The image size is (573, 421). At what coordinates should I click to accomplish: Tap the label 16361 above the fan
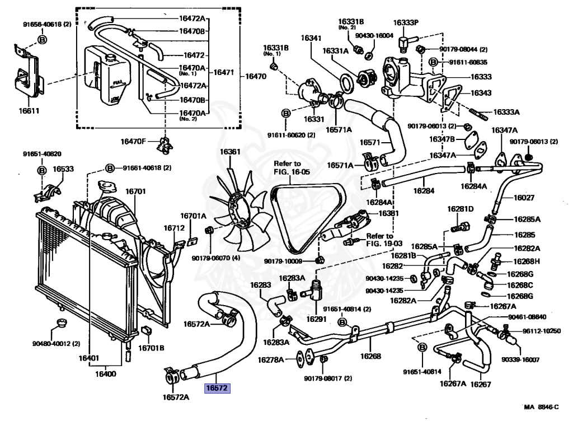[x=229, y=152]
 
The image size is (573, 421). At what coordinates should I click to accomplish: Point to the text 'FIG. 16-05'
[x=291, y=172]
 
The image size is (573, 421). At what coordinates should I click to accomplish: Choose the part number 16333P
[x=406, y=22]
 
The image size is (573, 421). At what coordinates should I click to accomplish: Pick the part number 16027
[x=524, y=198]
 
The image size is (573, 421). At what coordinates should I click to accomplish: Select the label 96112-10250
[x=542, y=331]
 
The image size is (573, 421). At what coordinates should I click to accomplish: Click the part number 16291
[x=316, y=319]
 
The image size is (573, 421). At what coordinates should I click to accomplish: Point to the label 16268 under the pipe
[x=370, y=355]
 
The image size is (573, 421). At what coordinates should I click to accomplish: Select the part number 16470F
[x=134, y=141]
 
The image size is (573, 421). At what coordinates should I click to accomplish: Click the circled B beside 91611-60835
[x=433, y=62]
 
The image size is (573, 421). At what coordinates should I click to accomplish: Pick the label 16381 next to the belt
[x=388, y=213]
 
